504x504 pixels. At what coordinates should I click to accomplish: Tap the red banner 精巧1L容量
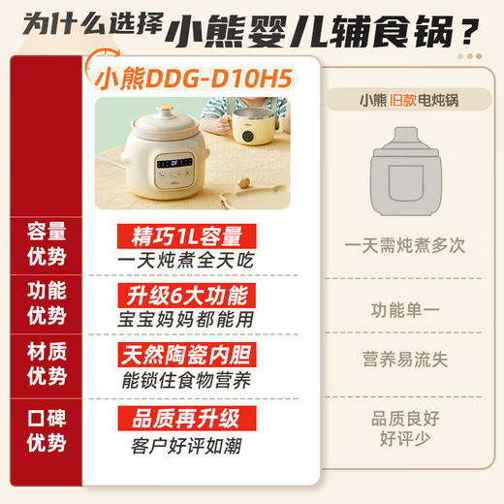point(179,236)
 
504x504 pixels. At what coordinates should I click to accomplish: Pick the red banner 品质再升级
point(179,418)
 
